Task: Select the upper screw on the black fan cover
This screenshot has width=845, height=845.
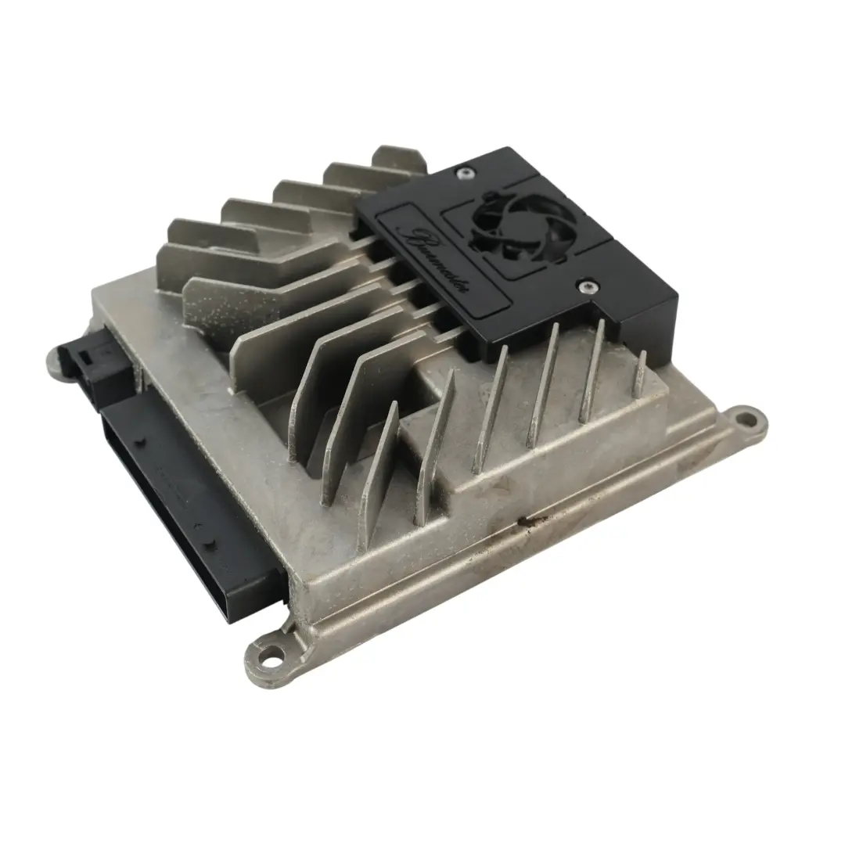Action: (x=467, y=173)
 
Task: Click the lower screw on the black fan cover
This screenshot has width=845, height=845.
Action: (x=584, y=287)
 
